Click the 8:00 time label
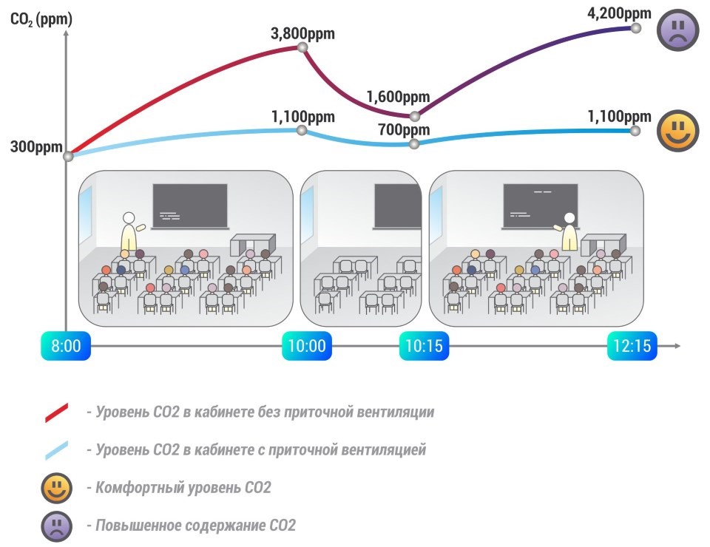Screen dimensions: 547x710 pos(67,346)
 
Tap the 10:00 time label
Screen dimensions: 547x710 pos(307,346)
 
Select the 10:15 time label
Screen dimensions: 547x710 pos(424,346)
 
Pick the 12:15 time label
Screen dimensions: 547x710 pos(632,346)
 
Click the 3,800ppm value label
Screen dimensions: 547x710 pos(303,33)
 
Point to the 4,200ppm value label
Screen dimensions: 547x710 pos(618,13)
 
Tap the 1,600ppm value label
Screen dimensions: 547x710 pos(398,97)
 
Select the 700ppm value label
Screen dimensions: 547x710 pos(404,130)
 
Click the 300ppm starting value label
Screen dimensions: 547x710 pos(35,146)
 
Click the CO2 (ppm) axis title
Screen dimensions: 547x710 pos(41,19)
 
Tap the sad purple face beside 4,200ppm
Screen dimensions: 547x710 pos(678,30)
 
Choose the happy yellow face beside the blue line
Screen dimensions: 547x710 pos(678,132)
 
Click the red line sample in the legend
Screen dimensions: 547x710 pos(57,413)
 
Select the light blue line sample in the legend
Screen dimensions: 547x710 pos(57,449)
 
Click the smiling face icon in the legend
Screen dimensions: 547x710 pos(57,489)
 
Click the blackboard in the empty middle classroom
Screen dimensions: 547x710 pos(397,205)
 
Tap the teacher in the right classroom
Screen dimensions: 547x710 pos(569,233)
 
